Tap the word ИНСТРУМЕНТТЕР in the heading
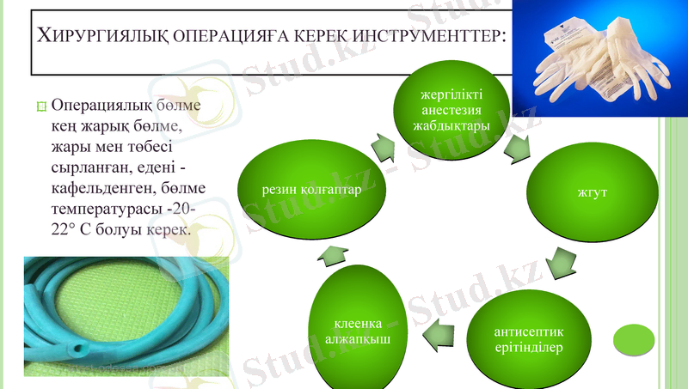tap(418, 37)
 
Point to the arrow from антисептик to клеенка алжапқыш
tap(441, 329)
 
